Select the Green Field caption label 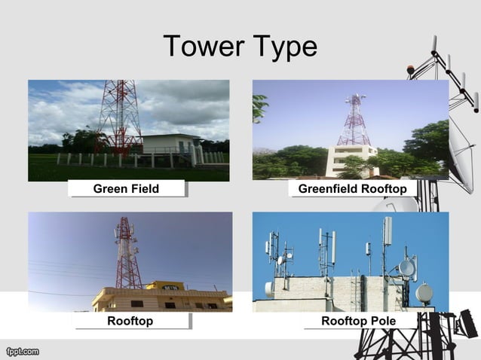126,188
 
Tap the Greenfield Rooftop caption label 352,188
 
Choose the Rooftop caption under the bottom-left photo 130,322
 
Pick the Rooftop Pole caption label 358,322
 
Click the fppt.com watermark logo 22,351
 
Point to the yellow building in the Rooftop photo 162,297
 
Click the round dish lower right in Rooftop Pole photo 424,293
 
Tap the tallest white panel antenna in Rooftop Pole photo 388,230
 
